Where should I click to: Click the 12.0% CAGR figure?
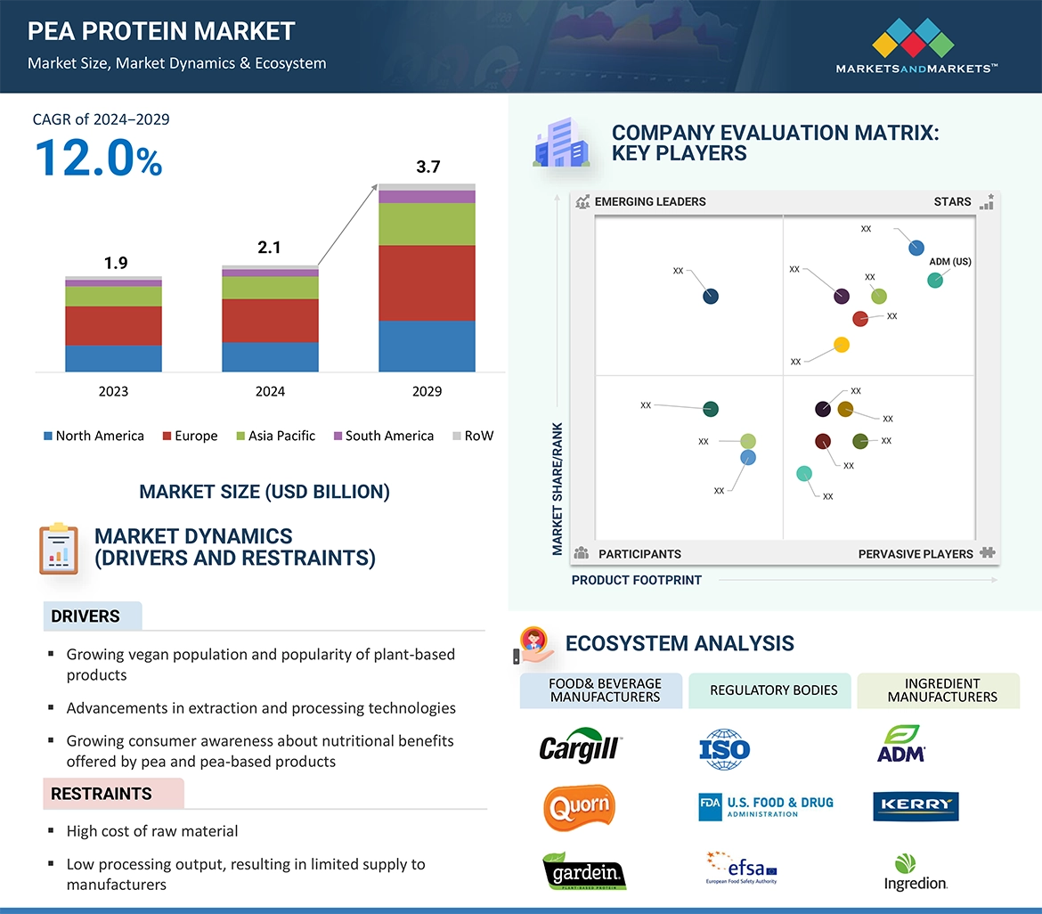click(98, 158)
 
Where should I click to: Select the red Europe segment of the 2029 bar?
click(427, 282)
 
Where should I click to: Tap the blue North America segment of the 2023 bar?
click(113, 358)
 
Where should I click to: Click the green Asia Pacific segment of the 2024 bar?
click(270, 288)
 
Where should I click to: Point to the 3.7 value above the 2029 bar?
click(428, 167)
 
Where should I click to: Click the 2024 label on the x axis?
click(270, 391)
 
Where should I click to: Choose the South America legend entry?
click(383, 436)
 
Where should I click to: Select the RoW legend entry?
click(473, 436)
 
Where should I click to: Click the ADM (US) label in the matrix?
click(950, 262)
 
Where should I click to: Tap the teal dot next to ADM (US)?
click(935, 280)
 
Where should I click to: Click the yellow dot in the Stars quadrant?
click(841, 345)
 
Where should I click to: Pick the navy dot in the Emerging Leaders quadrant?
click(711, 297)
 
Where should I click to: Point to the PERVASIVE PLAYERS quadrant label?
click(916, 554)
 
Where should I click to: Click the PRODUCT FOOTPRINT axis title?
click(637, 580)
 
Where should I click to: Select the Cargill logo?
click(580, 747)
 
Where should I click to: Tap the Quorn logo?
click(580, 806)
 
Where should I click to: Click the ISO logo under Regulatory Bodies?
click(725, 747)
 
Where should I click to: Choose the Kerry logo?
click(916, 805)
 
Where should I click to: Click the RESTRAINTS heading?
click(102, 794)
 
